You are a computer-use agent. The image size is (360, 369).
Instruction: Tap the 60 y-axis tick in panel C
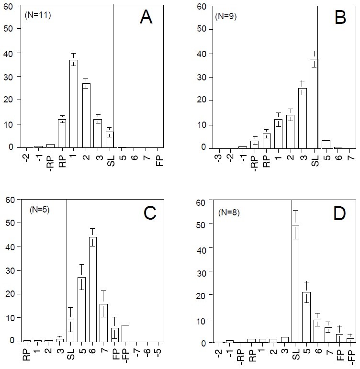pos(10,200)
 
